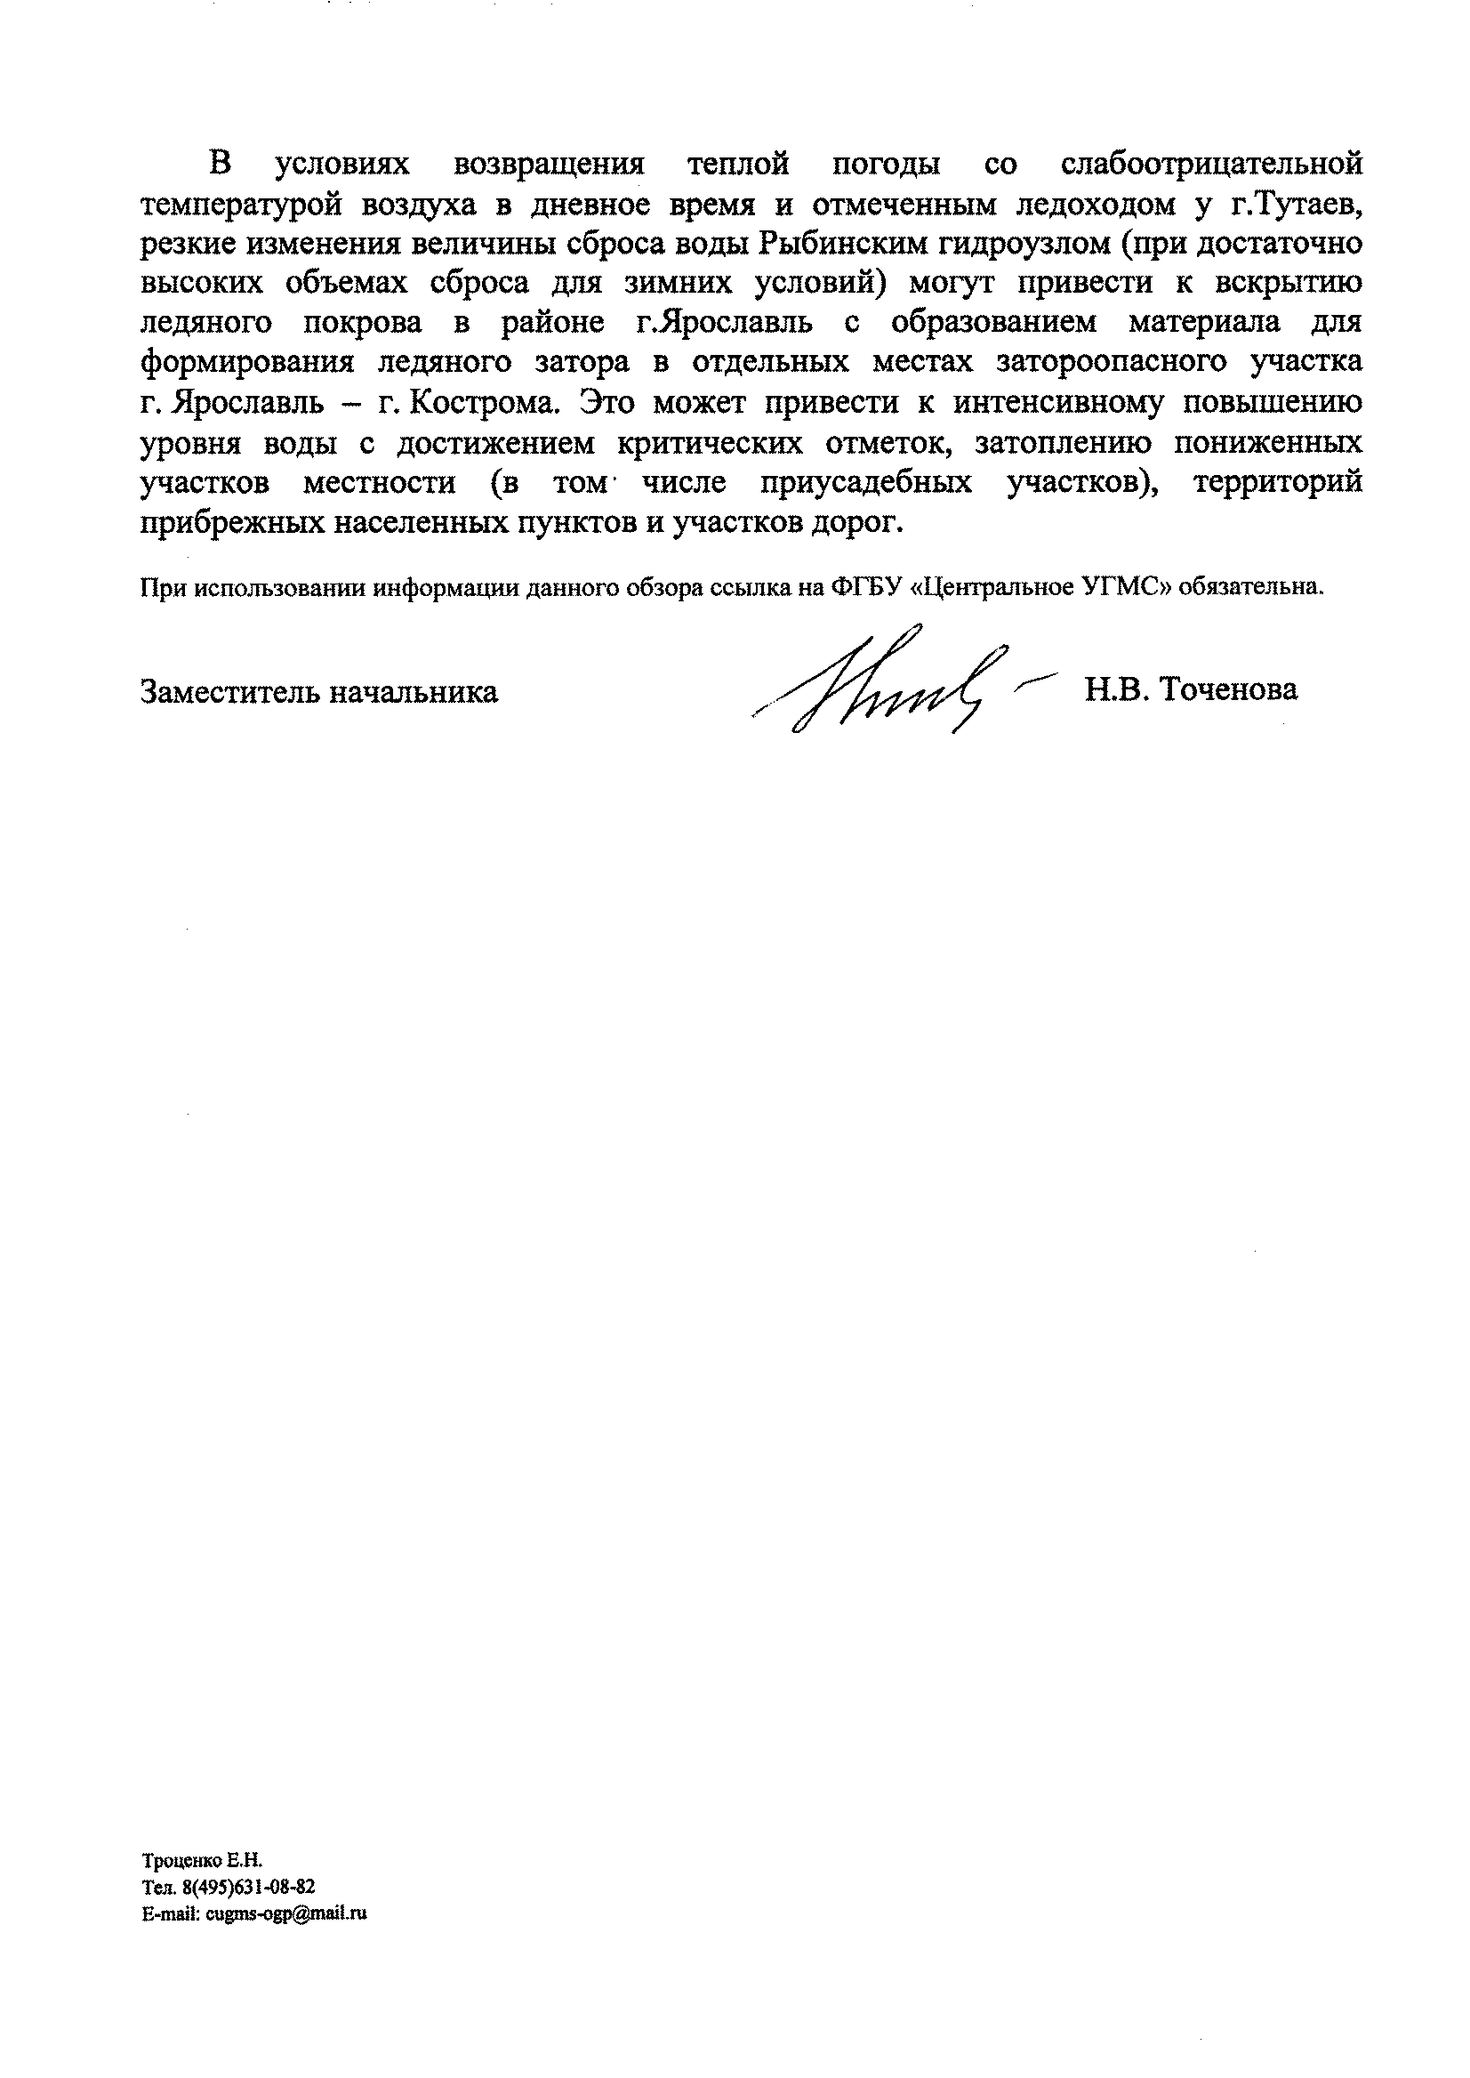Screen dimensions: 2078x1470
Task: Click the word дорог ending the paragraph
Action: pyautogui.click(x=864, y=522)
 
